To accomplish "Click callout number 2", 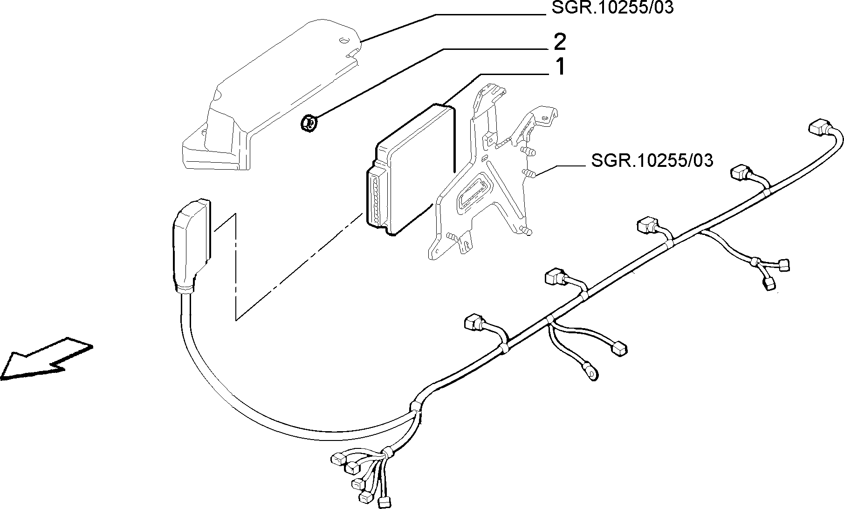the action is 560,42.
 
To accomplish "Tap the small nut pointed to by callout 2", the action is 308,124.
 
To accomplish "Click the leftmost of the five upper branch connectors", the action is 473,323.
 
